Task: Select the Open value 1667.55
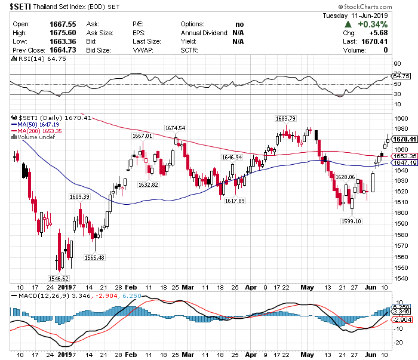[62, 24]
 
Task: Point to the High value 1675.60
[62, 33]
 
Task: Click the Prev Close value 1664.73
[62, 51]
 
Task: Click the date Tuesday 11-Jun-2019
[355, 16]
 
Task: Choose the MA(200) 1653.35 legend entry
[40, 130]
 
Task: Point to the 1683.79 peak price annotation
[285, 118]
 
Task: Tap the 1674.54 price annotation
[175, 128]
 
